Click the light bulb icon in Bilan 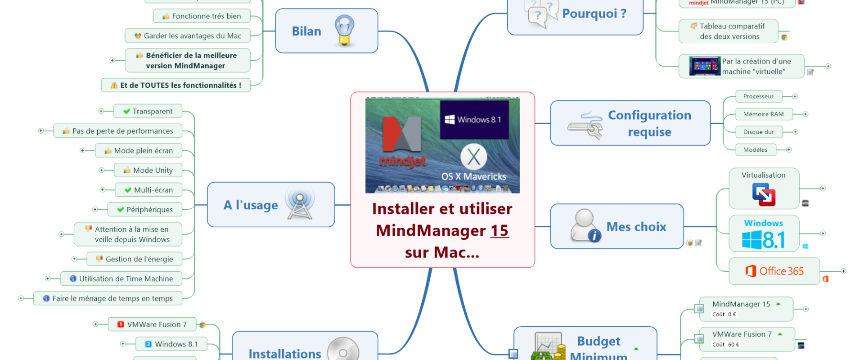coord(344,31)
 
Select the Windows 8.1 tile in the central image coord(474,120)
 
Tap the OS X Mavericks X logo coord(473,157)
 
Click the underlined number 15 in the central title coord(499,230)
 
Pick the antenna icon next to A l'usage coord(300,205)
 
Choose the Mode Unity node coord(148,170)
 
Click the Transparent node coord(148,111)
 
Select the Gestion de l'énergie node coord(134,259)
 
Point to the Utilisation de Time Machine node coord(121,279)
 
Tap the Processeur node coord(759,96)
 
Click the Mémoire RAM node coord(764,114)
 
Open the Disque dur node coord(759,132)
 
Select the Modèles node coord(756,150)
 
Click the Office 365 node coord(774,271)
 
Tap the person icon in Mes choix coord(585,225)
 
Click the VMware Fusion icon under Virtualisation coord(764,194)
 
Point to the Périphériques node coord(144,209)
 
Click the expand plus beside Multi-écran coord(103,190)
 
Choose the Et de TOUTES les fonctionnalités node coord(175,85)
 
